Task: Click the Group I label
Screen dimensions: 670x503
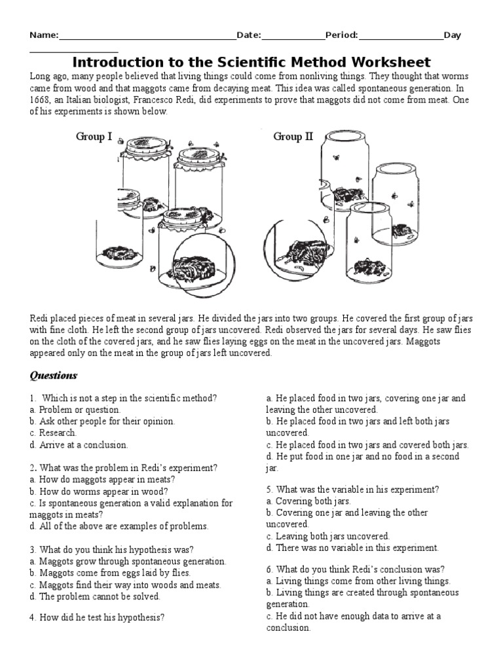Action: [x=94, y=137]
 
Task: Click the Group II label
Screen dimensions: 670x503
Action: [x=293, y=137]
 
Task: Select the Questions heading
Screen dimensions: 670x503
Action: [x=54, y=376]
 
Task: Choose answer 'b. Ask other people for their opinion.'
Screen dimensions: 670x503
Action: [x=103, y=421]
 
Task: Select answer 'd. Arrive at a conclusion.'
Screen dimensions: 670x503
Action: [x=79, y=445]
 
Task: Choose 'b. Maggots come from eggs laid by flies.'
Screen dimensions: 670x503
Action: [x=115, y=573]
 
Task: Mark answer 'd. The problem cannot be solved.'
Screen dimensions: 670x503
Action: [x=95, y=597]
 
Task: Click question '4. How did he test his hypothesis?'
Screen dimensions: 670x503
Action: [x=97, y=616]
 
